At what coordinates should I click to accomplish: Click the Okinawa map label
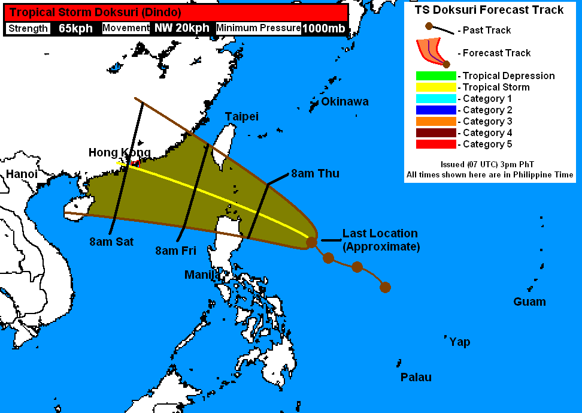[344, 101]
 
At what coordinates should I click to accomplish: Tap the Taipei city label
[241, 116]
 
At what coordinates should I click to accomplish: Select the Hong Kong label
[119, 152]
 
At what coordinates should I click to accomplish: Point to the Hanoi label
[22, 174]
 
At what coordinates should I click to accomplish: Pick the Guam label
[529, 302]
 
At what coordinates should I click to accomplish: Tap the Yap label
[460, 342]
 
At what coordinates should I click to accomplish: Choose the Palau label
[416, 377]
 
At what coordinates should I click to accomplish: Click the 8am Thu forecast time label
[315, 174]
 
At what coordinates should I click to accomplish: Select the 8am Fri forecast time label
[175, 251]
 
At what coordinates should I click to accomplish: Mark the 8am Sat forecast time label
[111, 242]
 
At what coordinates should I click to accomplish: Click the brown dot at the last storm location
[311, 242]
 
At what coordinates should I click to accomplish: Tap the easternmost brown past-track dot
[385, 287]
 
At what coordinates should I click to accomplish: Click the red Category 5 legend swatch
[436, 144]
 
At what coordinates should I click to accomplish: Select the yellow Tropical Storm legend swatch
[436, 88]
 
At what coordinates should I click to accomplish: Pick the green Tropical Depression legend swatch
[436, 76]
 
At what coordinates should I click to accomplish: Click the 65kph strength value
[75, 28]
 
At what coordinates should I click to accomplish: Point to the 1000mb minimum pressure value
[323, 28]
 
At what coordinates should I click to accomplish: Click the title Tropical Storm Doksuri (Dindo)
[95, 12]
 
